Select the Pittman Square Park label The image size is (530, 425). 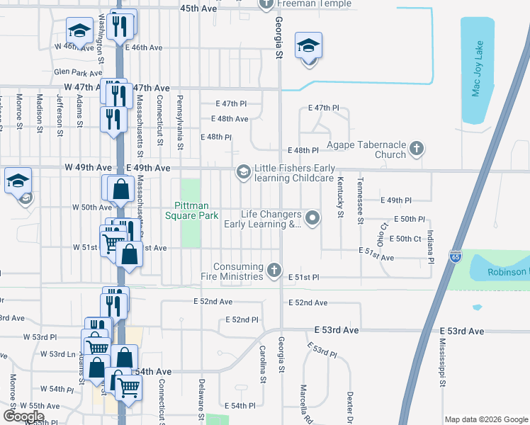coord(191,210)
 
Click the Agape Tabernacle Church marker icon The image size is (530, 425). coord(417,149)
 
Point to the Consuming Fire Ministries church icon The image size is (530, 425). coord(274,270)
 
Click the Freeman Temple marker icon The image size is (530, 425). coord(266,4)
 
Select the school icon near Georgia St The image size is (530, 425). coord(308,47)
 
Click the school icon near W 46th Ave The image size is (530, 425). coord(79,31)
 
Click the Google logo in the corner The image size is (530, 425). coord(23,416)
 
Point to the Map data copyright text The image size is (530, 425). coord(485,419)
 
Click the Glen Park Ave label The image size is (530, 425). coord(77,72)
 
